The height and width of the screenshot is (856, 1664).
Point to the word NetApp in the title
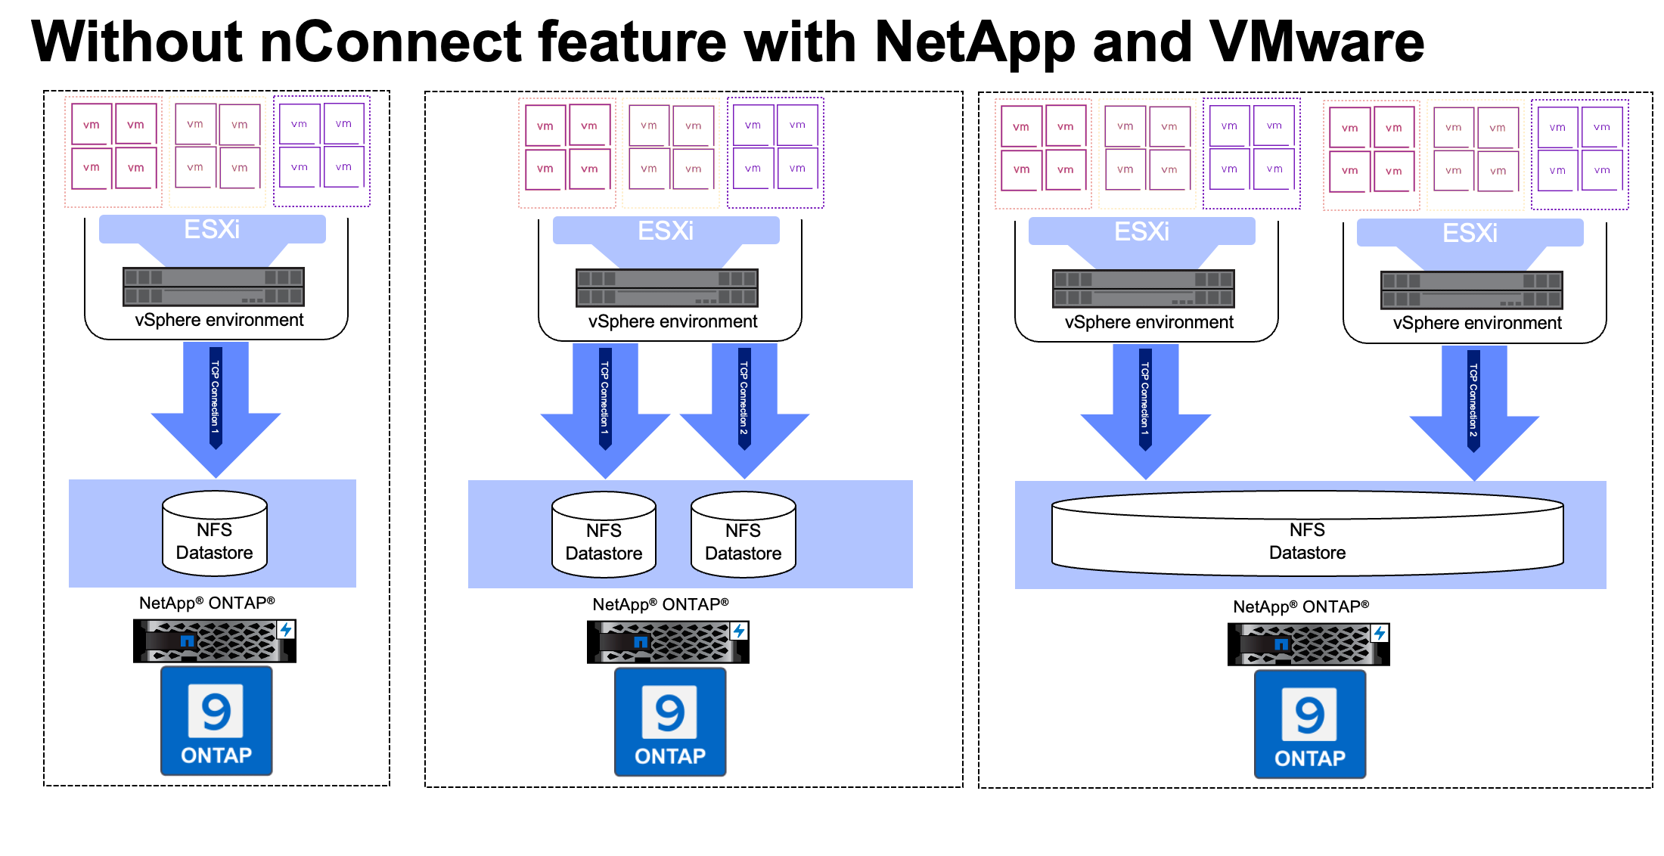coord(974,42)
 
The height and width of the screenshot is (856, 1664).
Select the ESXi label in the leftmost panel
coord(212,229)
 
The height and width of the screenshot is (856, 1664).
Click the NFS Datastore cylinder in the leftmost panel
coord(215,533)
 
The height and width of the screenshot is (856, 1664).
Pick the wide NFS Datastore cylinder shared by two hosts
coord(1307,534)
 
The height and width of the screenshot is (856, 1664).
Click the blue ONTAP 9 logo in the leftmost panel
coord(216,721)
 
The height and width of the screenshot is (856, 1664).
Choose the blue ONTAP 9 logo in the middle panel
coord(670,722)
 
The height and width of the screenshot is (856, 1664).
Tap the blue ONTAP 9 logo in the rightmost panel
coord(1310,724)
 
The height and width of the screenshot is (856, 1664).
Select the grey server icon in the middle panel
coord(666,288)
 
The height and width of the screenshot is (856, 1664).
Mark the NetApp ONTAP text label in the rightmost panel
coord(1301,606)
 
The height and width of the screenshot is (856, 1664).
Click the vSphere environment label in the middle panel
coord(672,322)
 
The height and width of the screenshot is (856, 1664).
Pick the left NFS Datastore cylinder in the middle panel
coord(604,535)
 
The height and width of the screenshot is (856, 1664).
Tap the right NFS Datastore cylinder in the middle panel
coord(744,535)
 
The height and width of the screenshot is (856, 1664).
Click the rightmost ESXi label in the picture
coord(1470,233)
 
